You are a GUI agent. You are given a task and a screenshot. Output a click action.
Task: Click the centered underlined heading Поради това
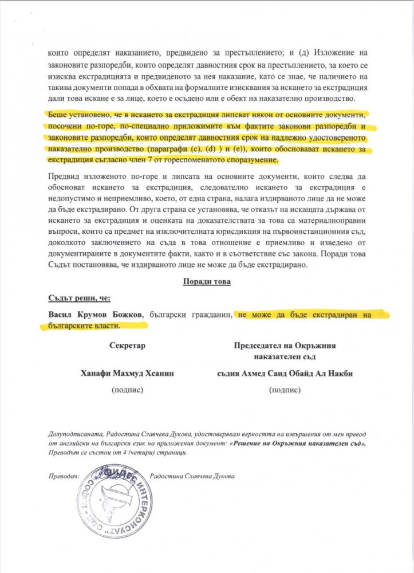tap(206, 282)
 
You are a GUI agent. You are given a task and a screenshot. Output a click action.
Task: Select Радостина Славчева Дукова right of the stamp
tap(191, 476)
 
